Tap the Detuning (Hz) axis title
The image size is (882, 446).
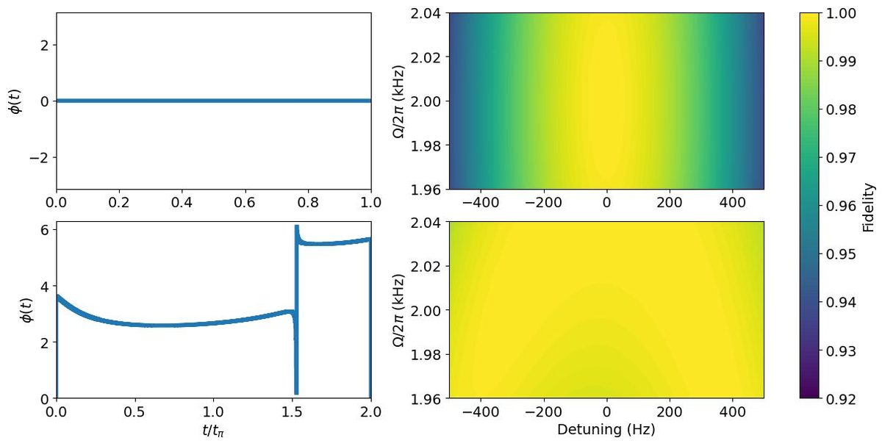point(606,428)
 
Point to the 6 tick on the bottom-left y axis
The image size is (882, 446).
point(41,230)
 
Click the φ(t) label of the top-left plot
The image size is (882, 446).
point(15,101)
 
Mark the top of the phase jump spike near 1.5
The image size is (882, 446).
point(296,226)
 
